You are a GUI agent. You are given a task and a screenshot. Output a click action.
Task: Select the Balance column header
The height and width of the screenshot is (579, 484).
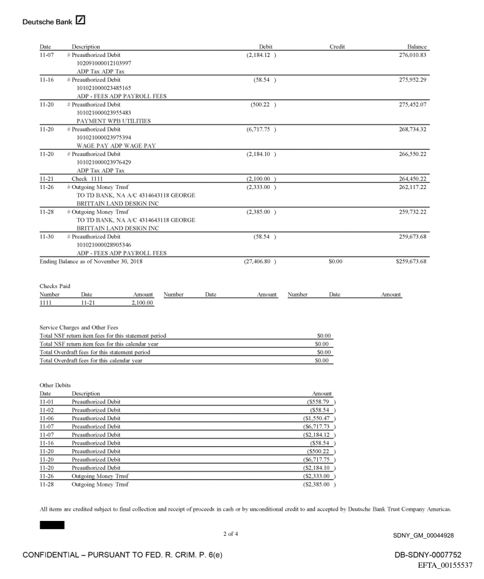tap(418, 46)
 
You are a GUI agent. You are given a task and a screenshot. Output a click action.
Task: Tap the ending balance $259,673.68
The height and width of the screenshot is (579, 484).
tap(410, 261)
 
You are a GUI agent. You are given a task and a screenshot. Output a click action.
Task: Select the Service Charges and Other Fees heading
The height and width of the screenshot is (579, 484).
tap(77, 327)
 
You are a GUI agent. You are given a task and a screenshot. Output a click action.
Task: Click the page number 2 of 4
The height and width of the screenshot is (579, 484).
tap(232, 535)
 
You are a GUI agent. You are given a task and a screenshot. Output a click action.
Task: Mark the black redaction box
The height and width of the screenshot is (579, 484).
tap(52, 525)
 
